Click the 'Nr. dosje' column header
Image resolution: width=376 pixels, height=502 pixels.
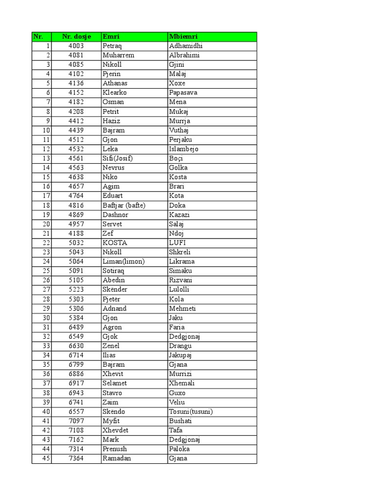click(76, 36)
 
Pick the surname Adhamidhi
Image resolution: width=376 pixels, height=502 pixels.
click(186, 46)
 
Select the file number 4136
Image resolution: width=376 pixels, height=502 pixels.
click(76, 83)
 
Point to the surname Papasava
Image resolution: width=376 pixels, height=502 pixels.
click(184, 93)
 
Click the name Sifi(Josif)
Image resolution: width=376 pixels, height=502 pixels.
click(118, 158)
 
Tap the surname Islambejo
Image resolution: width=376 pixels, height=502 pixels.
click(184, 149)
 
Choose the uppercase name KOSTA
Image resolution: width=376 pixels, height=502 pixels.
click(115, 243)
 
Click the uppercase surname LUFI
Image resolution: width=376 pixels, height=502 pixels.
click(177, 243)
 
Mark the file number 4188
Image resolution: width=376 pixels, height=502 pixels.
click(76, 233)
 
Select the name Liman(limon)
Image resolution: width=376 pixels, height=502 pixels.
click(124, 261)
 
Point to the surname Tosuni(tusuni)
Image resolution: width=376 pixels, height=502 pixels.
click(191, 411)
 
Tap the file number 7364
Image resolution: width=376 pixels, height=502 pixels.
click(76, 458)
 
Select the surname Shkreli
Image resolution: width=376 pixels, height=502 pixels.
click(181, 252)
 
